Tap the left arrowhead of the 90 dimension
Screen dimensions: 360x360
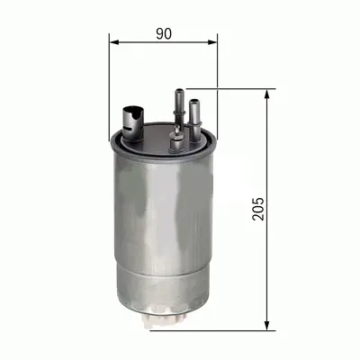[x=113, y=41]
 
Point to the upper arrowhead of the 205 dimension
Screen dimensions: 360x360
[x=268, y=94]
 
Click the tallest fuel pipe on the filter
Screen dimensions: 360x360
[x=178, y=103]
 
